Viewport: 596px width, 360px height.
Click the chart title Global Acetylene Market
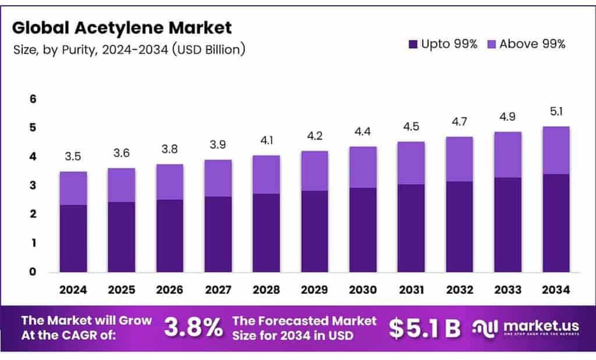pos(122,27)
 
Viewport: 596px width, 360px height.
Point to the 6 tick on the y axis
pos(33,99)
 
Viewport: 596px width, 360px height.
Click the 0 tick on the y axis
pos(33,272)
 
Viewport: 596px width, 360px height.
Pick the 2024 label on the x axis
pos(73,290)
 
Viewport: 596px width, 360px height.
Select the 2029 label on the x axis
pos(314,290)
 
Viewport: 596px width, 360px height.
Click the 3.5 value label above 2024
pos(73,156)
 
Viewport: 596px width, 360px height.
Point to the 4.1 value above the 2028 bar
pos(265,140)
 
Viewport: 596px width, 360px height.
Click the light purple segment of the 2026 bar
pos(169,182)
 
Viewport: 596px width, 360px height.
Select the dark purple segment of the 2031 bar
pos(410,228)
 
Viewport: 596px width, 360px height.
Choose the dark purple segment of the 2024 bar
pos(73,238)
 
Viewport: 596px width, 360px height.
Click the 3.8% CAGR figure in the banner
pos(193,328)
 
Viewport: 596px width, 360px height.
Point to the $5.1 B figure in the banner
pos(424,328)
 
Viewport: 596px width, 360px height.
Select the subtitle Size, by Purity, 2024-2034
pos(129,50)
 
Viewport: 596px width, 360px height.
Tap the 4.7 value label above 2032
pos(459,122)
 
